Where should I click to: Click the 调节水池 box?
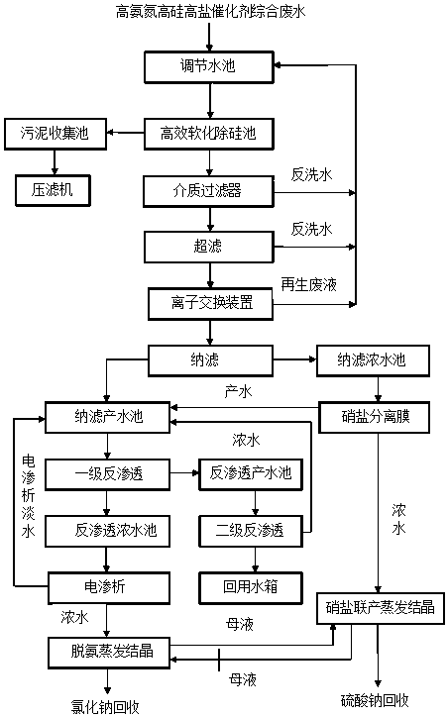click(209, 66)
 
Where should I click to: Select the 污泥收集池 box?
click(56, 134)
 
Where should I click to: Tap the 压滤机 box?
click(53, 190)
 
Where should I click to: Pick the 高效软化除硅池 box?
click(209, 134)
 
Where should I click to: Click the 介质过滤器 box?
click(209, 191)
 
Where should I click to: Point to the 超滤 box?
click(209, 247)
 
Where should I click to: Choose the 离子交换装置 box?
click(210, 303)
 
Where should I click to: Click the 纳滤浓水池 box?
click(373, 360)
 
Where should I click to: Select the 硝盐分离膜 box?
click(374, 417)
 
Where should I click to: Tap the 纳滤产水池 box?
click(107, 417)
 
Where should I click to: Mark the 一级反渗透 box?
click(107, 474)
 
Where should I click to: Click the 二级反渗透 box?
click(251, 531)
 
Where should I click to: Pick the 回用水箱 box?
click(251, 587)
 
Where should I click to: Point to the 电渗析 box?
click(109, 587)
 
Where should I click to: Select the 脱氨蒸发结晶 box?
click(109, 652)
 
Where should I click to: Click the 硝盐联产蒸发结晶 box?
click(381, 608)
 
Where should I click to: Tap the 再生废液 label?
click(309, 284)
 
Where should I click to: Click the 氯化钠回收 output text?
click(105, 707)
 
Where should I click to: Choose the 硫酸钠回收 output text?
click(375, 700)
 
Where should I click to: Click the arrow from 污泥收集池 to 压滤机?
click(55, 161)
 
